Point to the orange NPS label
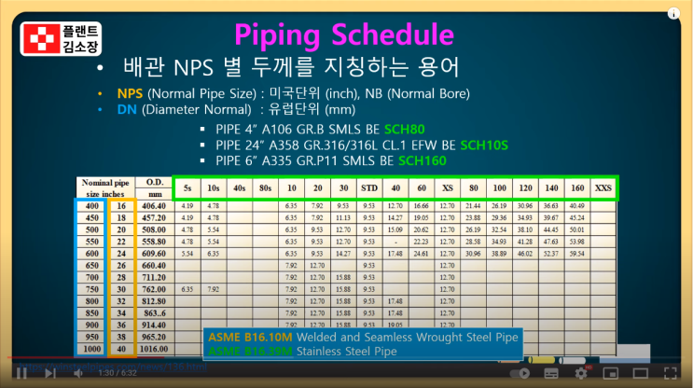130,94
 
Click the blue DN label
128,109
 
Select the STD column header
369,187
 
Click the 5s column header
187,187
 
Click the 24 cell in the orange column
119,254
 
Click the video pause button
21,373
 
